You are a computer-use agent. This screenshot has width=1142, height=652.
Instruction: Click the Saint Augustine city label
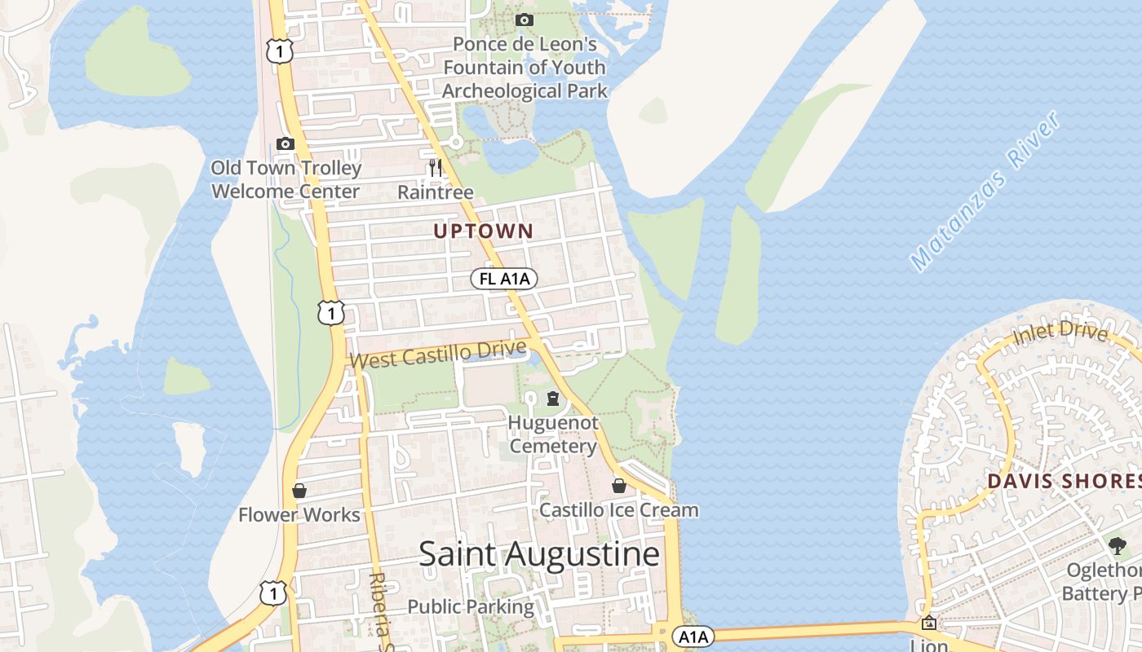coord(538,554)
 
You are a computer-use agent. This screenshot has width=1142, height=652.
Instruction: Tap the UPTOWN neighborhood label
coord(483,231)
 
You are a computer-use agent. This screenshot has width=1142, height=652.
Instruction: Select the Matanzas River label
coord(985,192)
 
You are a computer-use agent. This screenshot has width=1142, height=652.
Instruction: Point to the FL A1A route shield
coord(503,279)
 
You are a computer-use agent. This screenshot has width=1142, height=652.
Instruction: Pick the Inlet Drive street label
coord(1060,333)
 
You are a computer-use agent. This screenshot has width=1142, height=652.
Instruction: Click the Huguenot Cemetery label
coord(553,434)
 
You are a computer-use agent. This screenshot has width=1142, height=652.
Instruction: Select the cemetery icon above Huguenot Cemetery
coord(553,399)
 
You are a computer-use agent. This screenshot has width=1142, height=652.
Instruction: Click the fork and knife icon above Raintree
coord(436,168)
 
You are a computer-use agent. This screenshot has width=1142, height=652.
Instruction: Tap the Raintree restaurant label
coord(436,192)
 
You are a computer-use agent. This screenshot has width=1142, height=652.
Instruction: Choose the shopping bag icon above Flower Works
coord(299,491)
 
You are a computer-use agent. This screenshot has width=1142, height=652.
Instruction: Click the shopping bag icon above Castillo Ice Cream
coord(619,486)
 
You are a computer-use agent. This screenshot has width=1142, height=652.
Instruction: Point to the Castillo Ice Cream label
coord(619,510)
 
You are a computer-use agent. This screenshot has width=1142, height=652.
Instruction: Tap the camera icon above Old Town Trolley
coord(285,143)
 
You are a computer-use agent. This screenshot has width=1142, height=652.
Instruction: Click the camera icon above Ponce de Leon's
coord(525,20)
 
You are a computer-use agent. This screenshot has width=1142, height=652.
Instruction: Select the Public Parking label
coord(471,607)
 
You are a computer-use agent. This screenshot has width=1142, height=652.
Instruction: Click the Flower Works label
coord(299,515)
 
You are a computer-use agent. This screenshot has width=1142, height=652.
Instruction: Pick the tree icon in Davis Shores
coord(1117,545)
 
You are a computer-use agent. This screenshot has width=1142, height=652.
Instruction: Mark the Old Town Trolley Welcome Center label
coord(285,180)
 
